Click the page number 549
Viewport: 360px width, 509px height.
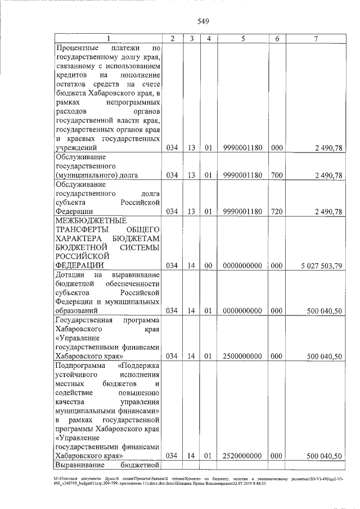pos(203,22)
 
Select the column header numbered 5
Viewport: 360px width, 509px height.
pos(242,38)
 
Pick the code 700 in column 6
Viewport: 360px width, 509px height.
pos(276,175)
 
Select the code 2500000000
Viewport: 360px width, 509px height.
pos(242,356)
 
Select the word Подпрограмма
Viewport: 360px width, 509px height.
pos(80,366)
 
